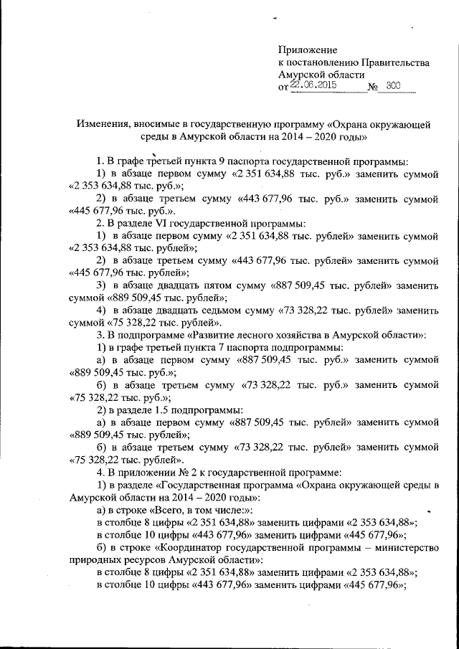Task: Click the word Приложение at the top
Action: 307,49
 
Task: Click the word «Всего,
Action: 164,509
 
